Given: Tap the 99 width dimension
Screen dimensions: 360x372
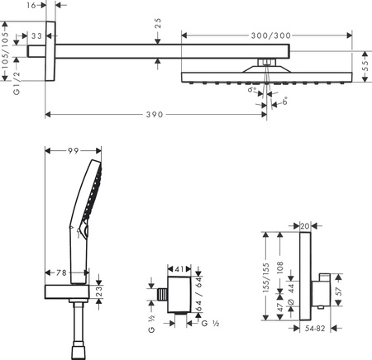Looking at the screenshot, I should tap(74, 150).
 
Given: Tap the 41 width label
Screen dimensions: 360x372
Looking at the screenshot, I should tap(181, 268).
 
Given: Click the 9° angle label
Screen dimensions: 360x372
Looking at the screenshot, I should tap(251, 97).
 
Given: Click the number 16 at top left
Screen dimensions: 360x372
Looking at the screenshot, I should tap(31, 6).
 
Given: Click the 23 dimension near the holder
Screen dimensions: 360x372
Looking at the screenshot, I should tap(100, 290).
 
